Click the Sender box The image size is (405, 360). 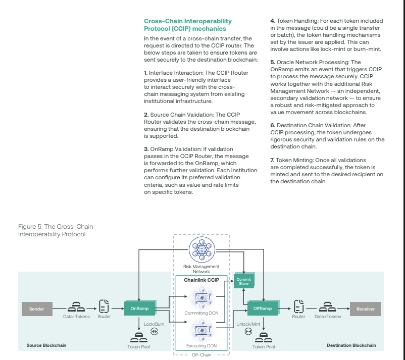click(37, 308)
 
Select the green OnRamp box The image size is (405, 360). click(139, 308)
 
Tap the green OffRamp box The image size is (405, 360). click(263, 308)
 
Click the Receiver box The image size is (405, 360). click(365, 308)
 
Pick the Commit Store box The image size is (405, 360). click(243, 281)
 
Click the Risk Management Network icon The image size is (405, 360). click(201, 250)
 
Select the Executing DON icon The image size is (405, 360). click(201, 330)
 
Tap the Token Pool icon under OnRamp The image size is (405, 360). click(139, 336)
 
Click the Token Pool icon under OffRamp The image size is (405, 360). click(263, 336)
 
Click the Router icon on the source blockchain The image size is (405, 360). click(105, 306)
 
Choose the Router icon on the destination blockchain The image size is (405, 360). click(298, 306)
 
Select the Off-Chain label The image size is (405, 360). click(201, 355)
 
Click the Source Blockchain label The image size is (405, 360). click(46, 345)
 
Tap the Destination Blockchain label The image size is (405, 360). click(351, 345)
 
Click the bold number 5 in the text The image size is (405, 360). click(273, 62)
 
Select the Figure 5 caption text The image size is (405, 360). click(56, 230)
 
